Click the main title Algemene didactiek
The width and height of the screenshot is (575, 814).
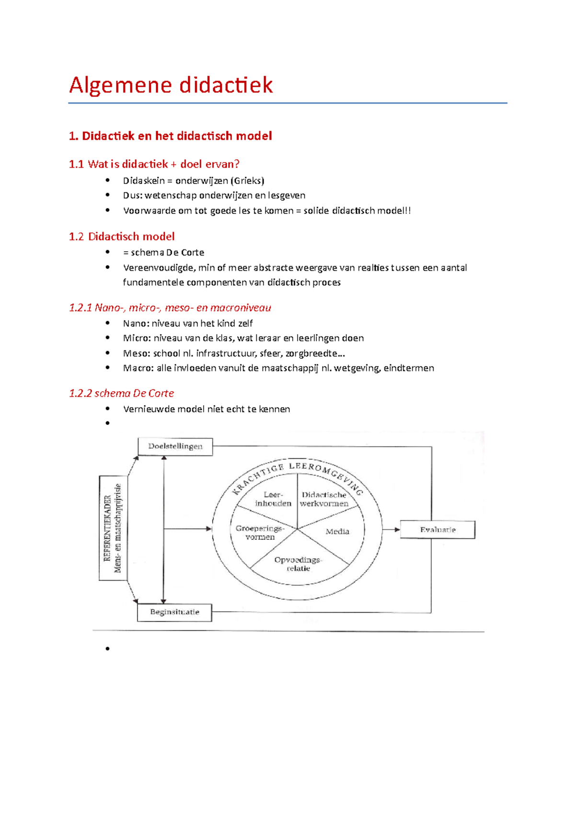[x=171, y=85]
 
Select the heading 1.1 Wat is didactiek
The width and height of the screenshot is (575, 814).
[x=154, y=164]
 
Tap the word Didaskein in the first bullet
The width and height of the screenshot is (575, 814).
[x=143, y=181]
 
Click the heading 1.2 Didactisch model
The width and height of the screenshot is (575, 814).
[x=122, y=237]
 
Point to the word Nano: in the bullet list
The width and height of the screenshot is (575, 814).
[x=136, y=324]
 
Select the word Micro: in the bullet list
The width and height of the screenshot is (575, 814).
[x=137, y=338]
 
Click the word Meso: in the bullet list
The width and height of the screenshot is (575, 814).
[x=137, y=354]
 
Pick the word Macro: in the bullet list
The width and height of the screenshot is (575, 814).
[x=138, y=368]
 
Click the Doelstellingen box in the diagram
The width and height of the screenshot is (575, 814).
[x=175, y=446]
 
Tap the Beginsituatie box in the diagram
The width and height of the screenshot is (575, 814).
[x=174, y=612]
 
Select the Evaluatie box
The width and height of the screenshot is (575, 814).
[x=437, y=530]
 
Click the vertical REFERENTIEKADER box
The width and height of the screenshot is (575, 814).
[x=113, y=528]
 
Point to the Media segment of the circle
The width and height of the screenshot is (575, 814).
[x=337, y=532]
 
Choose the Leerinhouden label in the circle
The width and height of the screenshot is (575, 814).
[x=273, y=499]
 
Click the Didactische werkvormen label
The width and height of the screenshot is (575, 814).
[x=324, y=499]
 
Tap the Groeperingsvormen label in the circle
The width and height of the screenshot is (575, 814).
[x=260, y=533]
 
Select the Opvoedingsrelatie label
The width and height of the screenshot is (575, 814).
[x=298, y=564]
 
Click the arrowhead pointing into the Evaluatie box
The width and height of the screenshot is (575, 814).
[x=397, y=530]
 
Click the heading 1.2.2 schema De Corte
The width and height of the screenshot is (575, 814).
[x=121, y=394]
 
